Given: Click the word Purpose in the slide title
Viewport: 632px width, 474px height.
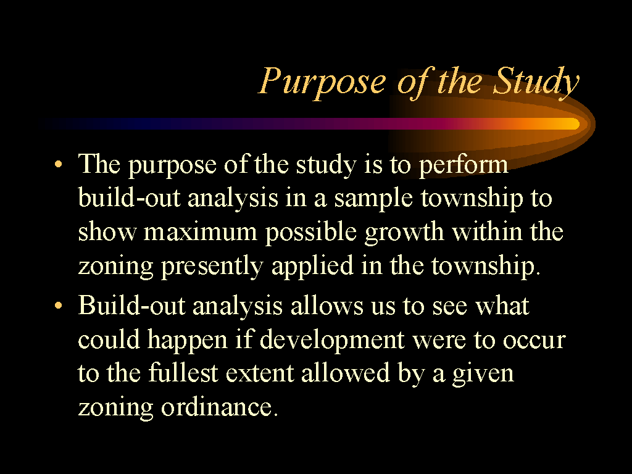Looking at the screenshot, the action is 322,82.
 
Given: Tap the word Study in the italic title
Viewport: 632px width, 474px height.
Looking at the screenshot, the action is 536,82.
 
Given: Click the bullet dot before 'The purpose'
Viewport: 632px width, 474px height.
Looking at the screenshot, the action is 59,164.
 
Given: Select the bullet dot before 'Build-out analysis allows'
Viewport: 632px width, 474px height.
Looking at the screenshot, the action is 59,306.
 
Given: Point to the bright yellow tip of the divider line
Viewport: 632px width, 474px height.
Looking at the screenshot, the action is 575,123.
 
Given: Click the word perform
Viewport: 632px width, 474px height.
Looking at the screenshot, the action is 464,165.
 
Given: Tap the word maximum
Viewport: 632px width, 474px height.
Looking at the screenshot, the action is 201,233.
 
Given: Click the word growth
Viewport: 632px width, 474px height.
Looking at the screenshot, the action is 404,233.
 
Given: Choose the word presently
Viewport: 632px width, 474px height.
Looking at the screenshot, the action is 212,267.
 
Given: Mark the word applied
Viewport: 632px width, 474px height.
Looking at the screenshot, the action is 312,267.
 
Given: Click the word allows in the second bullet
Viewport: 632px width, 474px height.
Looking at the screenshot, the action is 327,306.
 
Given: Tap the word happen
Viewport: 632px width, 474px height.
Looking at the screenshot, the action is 188,340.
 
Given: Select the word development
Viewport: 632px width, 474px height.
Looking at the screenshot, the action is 332,340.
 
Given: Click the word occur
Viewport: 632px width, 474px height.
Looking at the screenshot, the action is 534,341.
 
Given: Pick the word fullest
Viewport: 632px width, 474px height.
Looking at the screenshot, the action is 183,372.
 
